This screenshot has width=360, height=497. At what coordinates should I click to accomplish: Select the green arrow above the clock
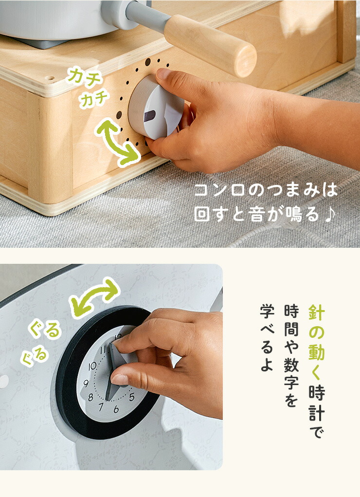[x=94, y=298]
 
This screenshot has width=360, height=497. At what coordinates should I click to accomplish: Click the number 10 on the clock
[x=92, y=367]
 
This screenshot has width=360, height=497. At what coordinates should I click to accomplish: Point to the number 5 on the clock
[x=132, y=397]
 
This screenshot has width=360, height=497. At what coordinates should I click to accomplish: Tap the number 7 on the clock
[x=101, y=406]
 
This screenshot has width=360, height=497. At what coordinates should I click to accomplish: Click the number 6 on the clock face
[x=116, y=409]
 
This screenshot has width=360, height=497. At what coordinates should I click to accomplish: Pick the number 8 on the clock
[x=90, y=397]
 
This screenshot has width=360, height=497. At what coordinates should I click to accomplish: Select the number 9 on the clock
[x=86, y=384]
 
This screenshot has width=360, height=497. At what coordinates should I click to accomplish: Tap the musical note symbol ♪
[x=330, y=215]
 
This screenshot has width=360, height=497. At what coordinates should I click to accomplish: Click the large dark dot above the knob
[x=148, y=62]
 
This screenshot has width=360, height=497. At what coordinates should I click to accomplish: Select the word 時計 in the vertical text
[x=317, y=403]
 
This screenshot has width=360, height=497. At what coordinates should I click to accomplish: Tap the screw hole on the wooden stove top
[x=50, y=78]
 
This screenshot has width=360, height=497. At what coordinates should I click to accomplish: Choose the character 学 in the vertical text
[x=267, y=311]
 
